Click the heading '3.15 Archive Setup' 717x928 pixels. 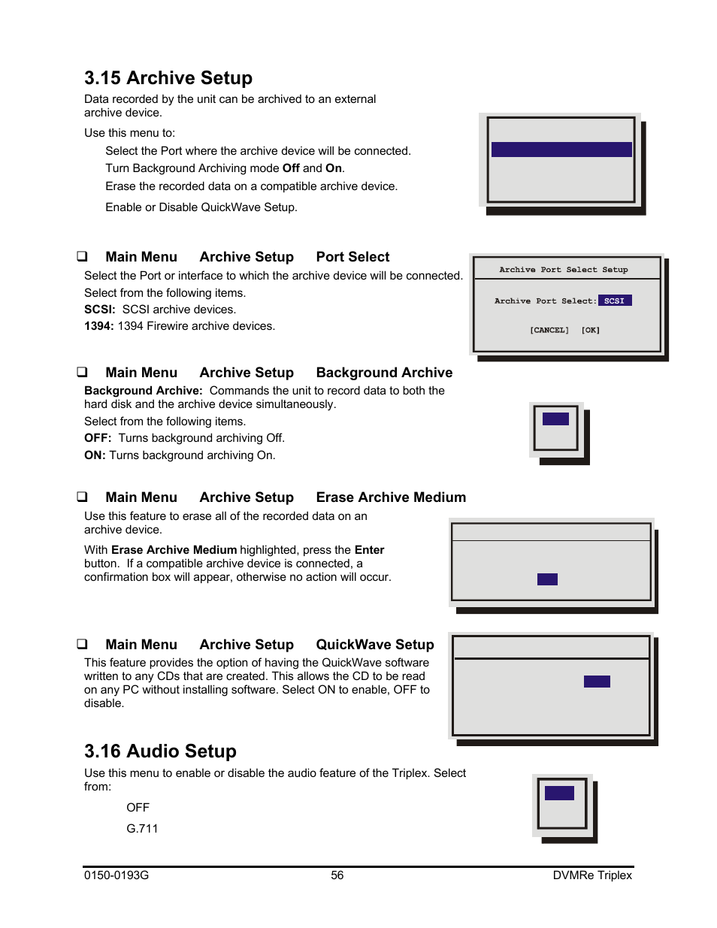click(x=168, y=78)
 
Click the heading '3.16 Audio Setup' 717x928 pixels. click(x=160, y=751)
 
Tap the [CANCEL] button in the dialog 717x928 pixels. click(x=549, y=330)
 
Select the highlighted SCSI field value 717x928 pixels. click(x=615, y=301)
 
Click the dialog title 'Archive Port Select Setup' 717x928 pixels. click(x=564, y=270)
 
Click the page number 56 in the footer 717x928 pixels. click(x=337, y=875)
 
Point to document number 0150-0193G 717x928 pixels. click(x=116, y=875)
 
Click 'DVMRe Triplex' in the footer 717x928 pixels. click(x=592, y=875)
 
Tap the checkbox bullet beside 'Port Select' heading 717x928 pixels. click(x=82, y=257)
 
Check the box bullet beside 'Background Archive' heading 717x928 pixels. click(x=82, y=373)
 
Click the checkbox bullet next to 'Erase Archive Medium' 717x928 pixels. click(x=82, y=497)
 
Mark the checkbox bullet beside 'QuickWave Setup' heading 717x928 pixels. click(x=82, y=645)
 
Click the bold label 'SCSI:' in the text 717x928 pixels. click(x=100, y=310)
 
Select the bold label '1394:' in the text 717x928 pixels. click(x=98, y=326)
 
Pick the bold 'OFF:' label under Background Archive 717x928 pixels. click(x=98, y=438)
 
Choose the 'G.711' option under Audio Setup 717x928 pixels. click(x=142, y=829)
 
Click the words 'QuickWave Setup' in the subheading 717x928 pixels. click(x=375, y=645)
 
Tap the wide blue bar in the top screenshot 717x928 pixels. click(x=561, y=150)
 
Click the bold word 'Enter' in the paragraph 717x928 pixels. click(x=369, y=550)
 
